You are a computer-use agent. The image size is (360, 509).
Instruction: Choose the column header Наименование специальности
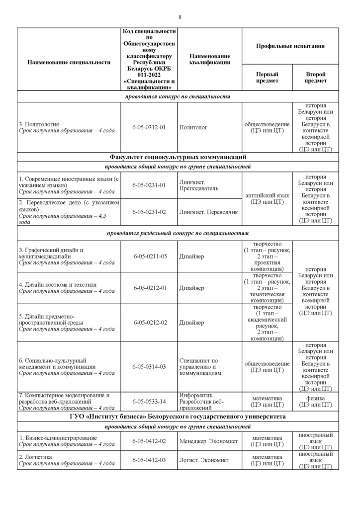tap(69, 62)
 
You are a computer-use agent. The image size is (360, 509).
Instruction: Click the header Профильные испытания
tap(290, 46)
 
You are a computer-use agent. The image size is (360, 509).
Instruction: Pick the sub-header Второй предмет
tap(316, 77)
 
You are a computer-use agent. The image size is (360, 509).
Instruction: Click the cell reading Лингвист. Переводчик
tap(209, 212)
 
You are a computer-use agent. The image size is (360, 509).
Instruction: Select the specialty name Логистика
tap(38, 456)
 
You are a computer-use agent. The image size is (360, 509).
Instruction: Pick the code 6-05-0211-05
tap(150, 256)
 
